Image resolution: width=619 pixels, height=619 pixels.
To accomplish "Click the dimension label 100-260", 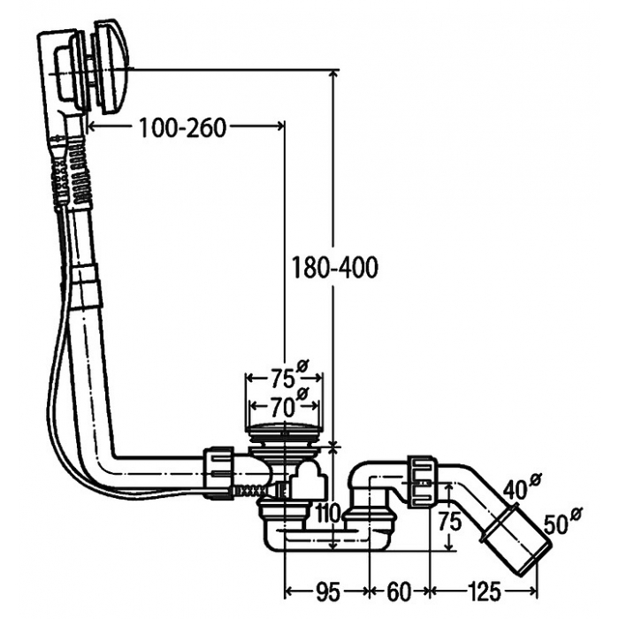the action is (183, 127).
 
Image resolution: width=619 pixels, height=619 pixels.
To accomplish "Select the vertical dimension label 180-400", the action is (334, 268).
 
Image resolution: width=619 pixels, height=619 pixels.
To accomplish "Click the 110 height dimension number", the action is (329, 513).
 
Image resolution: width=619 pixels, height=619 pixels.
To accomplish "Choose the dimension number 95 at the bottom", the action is (327, 592).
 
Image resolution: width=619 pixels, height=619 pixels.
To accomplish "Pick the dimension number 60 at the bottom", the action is (400, 592).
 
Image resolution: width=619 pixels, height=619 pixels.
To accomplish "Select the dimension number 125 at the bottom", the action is (484, 592).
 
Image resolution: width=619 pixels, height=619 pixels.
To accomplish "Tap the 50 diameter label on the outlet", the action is (562, 521).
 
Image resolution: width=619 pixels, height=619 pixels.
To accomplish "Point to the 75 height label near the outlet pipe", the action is (450, 521).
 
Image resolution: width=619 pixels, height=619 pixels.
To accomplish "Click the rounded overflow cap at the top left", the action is (110, 68).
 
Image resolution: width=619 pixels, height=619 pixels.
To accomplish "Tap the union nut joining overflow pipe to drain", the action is (218, 470).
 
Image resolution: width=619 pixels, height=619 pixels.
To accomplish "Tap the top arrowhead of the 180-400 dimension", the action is (334, 73).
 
